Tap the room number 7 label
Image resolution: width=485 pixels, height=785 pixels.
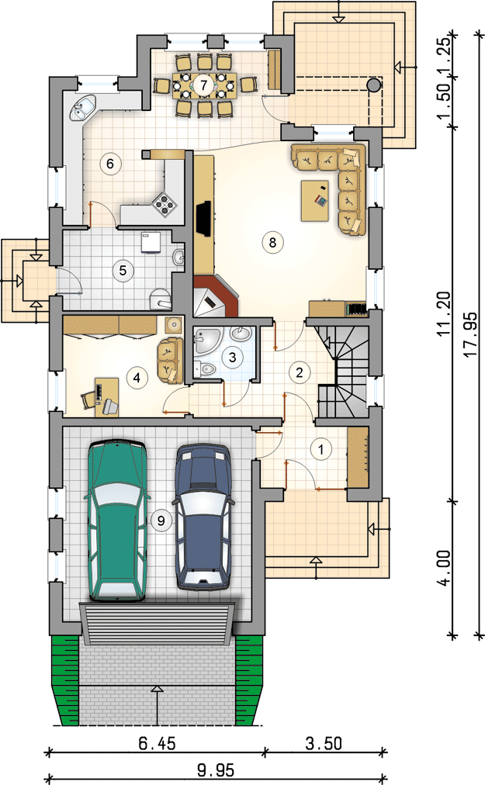pos(203,85)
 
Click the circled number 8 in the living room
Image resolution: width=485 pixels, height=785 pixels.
pos(272,242)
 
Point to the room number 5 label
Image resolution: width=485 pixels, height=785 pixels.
pos(123,271)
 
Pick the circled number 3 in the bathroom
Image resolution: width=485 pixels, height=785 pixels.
pos(232,357)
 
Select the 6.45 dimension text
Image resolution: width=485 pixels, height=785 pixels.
pos(157,743)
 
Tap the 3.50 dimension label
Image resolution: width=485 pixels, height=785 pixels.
pos(324,743)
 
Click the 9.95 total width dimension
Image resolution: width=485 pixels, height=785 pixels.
pos(216,770)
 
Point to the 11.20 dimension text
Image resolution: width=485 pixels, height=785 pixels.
pos(444,314)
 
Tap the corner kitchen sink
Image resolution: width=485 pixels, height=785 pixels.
pos(83,108)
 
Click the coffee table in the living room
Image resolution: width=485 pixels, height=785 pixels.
pos(314,201)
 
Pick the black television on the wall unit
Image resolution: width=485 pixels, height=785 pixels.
pos(203,218)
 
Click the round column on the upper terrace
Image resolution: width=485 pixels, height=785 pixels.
pos(373,85)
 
